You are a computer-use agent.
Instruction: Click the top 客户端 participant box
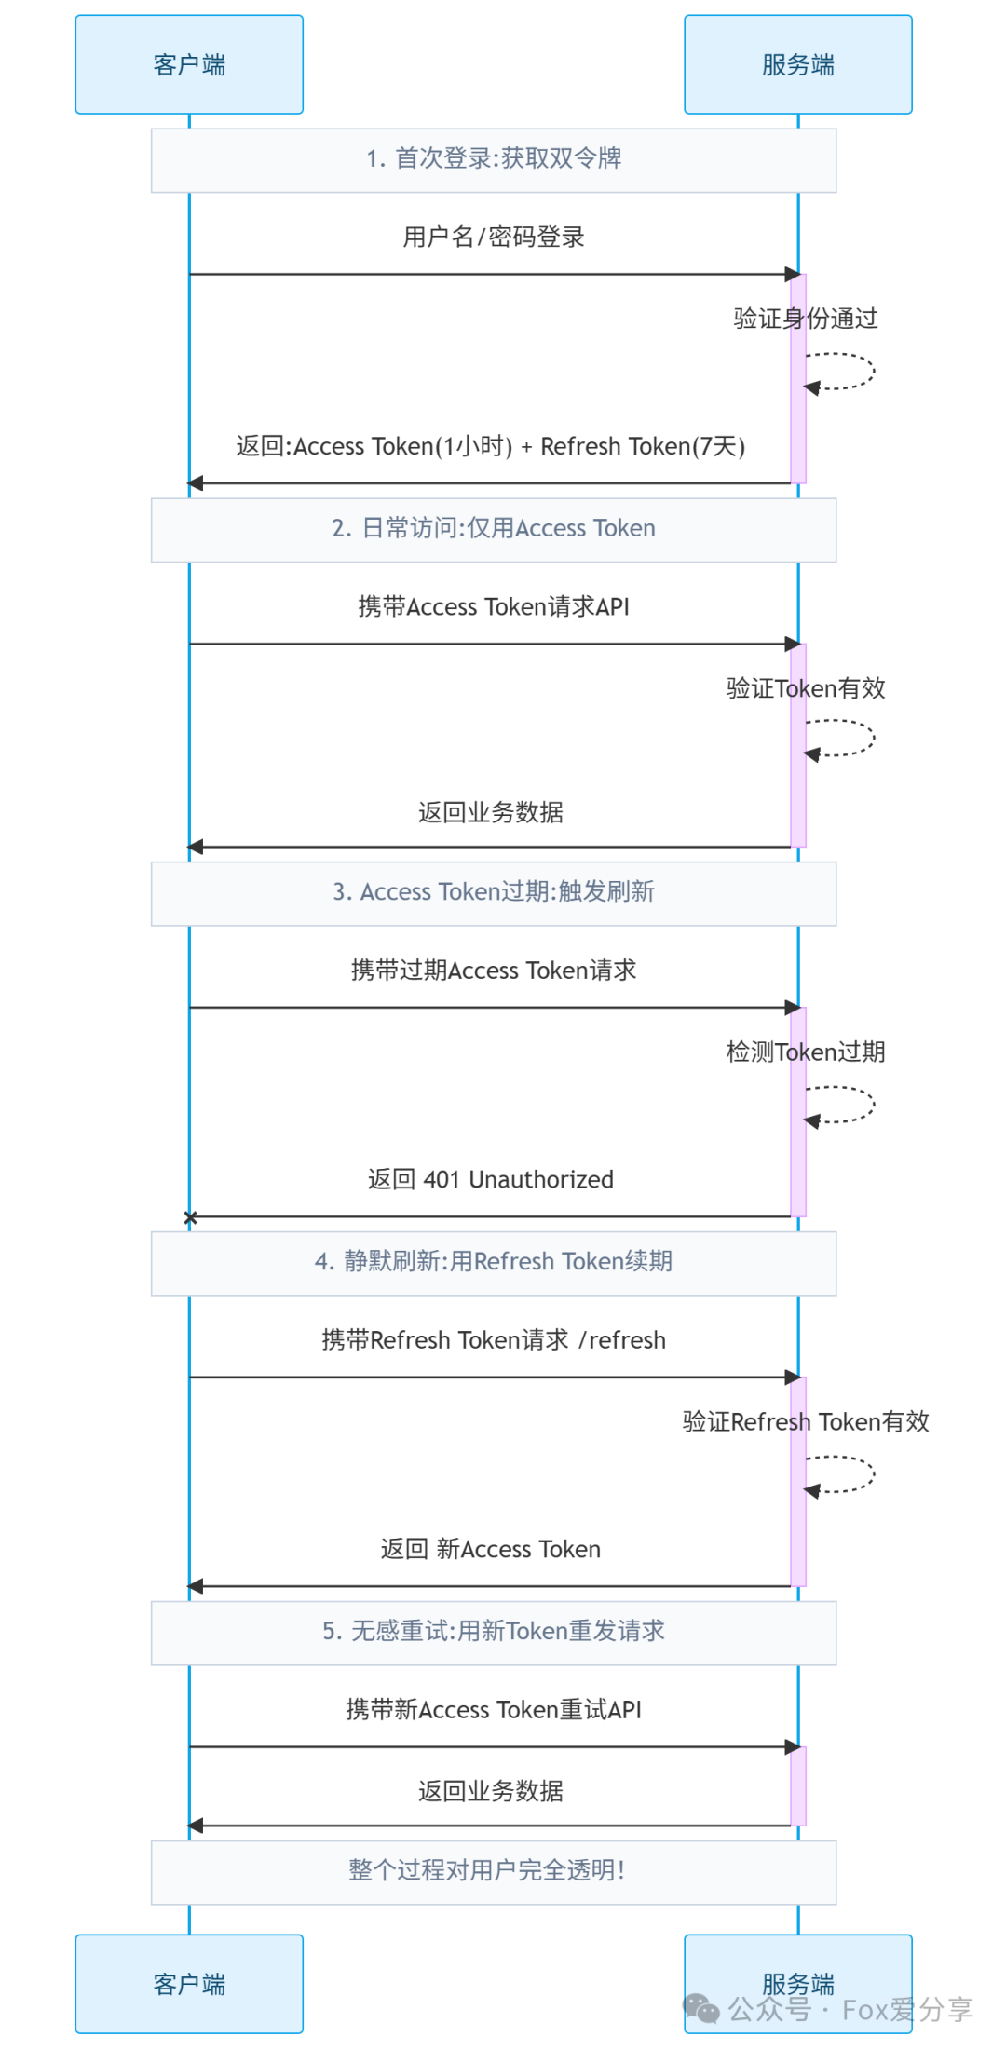coord(189,64)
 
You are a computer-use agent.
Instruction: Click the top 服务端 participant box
coord(797,64)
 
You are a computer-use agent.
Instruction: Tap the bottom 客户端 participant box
coord(189,1983)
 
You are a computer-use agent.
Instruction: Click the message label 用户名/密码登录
coord(494,238)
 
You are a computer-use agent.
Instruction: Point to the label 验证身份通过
coord(806,319)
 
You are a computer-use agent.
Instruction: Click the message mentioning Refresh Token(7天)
coord(491,447)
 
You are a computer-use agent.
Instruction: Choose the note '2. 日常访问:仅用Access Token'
coord(494,529)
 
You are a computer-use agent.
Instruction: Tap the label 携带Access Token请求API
coord(494,607)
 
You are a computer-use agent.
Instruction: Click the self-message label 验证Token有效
coord(806,688)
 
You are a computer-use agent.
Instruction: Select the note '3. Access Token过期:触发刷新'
coord(494,892)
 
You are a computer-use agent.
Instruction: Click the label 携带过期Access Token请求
coord(494,971)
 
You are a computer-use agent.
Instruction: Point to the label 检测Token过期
coord(806,1052)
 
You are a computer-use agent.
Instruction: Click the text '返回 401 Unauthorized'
coord(491,1180)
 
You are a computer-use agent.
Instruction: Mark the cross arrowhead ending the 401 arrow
coord(191,1217)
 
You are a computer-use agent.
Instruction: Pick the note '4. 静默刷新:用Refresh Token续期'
coord(494,1262)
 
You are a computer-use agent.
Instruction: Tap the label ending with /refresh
coord(494,1340)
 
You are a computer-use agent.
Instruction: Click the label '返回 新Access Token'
coord(491,1550)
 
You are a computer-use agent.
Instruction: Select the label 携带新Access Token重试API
coord(494,1710)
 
